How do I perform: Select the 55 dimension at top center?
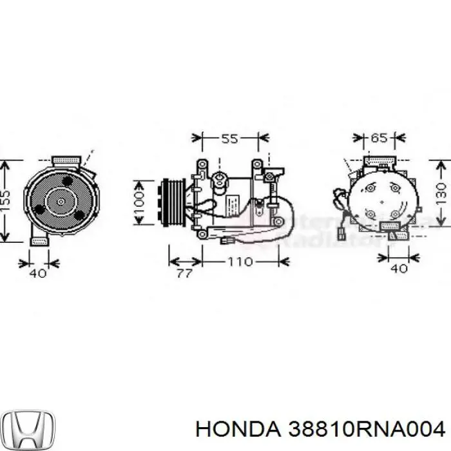tap(230, 139)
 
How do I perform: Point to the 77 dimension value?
tap(184, 273)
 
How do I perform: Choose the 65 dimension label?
tap(379, 138)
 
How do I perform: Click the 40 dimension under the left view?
tap(38, 273)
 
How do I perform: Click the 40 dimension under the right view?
tap(399, 269)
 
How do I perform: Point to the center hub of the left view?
tap(60, 201)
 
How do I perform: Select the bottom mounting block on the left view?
tap(40, 240)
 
